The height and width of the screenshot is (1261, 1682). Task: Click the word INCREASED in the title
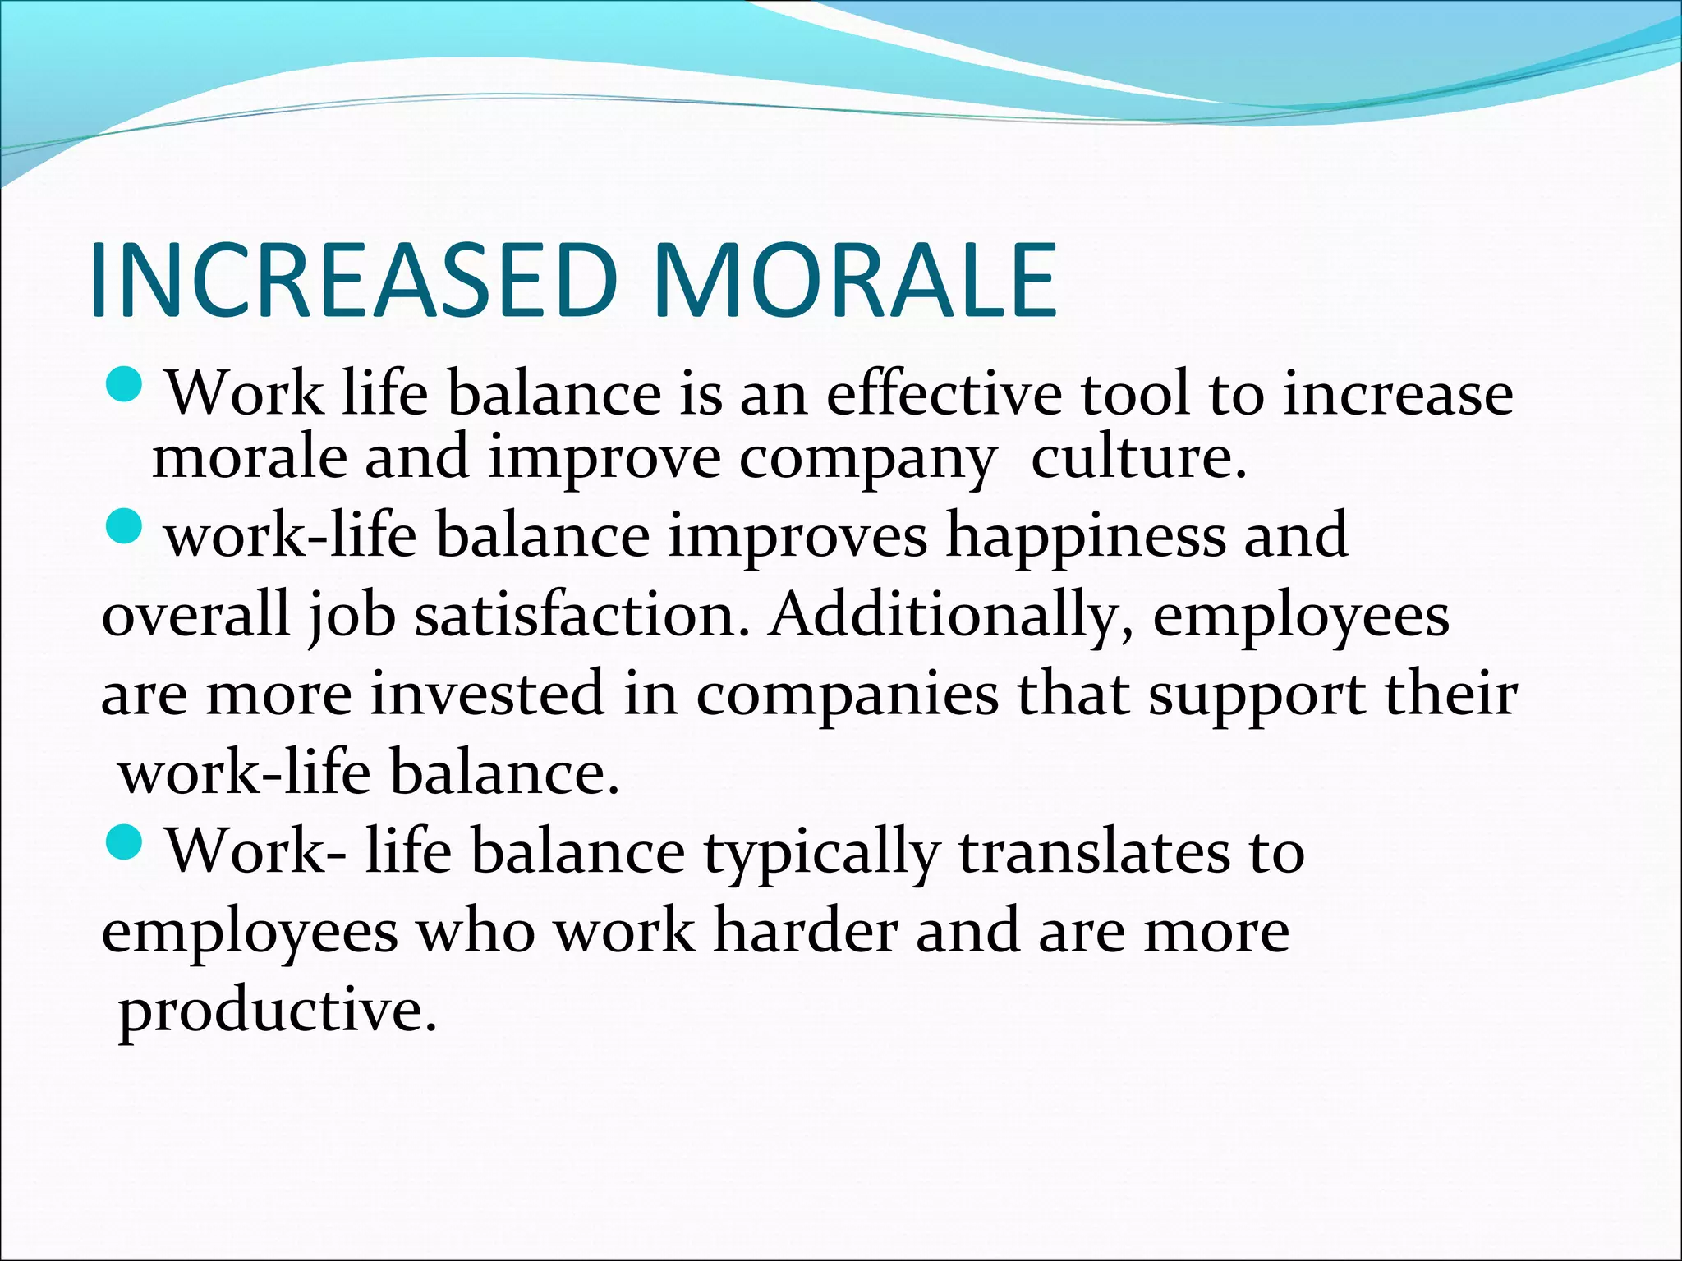[x=353, y=281]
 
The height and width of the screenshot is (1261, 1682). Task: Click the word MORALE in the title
[x=854, y=281]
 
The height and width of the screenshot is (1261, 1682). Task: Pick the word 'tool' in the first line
[x=1133, y=394]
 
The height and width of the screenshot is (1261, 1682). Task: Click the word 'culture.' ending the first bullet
[x=1138, y=456]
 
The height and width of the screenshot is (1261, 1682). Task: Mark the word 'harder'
[x=805, y=931]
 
